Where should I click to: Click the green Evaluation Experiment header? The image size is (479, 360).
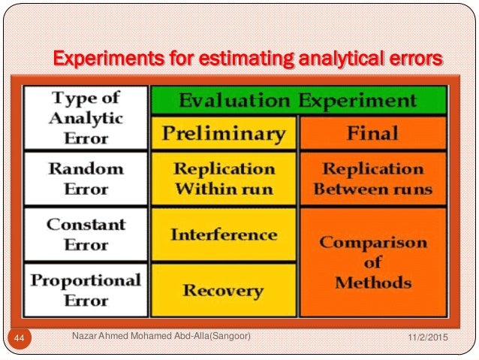coord(298,101)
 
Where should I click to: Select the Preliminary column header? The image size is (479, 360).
coord(224,133)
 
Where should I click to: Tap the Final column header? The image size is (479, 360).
coord(372,133)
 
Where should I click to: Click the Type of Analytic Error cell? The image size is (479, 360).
coord(86,117)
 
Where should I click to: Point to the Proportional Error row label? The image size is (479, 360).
coord(86,289)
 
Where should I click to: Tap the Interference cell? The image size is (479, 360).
coord(224,234)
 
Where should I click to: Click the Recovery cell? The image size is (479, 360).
coord(224,290)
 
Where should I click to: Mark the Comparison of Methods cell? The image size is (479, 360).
coord(372,262)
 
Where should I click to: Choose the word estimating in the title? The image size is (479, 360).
coord(225,59)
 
